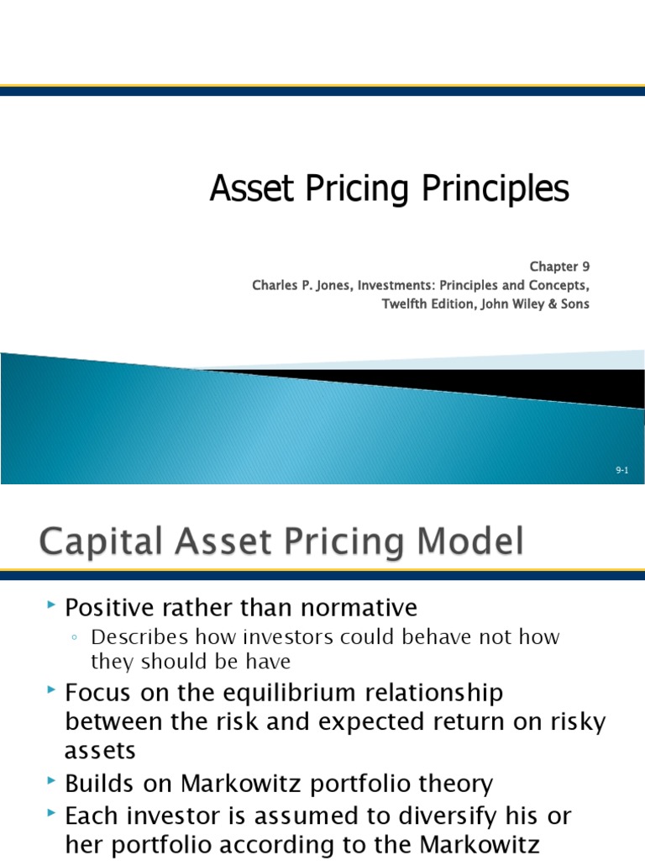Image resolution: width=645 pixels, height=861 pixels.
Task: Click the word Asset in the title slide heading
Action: tap(243, 189)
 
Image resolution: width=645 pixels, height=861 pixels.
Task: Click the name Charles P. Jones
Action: tap(302, 285)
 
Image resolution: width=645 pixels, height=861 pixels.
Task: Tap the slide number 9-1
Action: tap(621, 471)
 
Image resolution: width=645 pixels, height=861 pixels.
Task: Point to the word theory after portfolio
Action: tap(454, 784)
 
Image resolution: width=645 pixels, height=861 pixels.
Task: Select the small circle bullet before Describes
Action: tap(76, 638)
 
